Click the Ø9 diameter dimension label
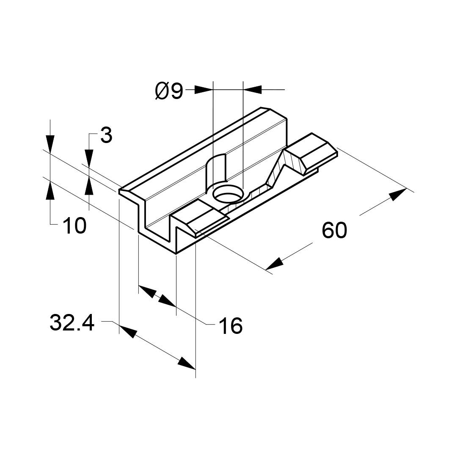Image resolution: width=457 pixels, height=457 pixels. (x=169, y=91)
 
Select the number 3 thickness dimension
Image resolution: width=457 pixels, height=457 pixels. (x=106, y=135)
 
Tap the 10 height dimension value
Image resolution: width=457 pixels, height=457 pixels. (x=74, y=226)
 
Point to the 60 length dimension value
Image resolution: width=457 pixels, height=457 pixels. (x=334, y=230)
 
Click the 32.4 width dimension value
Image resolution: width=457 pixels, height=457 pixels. (x=72, y=322)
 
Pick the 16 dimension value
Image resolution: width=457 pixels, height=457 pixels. (x=231, y=325)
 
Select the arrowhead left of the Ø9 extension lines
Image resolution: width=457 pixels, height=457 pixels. (x=204, y=90)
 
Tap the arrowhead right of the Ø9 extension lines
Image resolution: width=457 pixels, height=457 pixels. (x=252, y=90)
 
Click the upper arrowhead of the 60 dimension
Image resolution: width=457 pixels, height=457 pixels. (x=398, y=194)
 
